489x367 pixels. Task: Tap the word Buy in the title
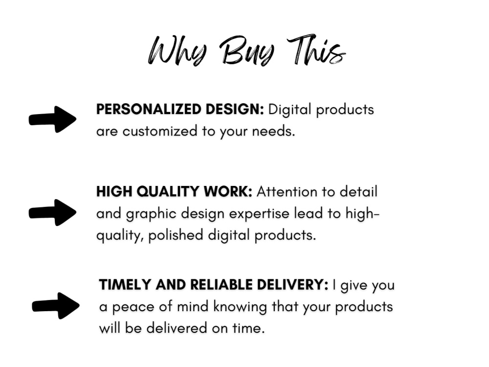pyautogui.click(x=246, y=51)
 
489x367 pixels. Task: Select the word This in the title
pyautogui.click(x=315, y=50)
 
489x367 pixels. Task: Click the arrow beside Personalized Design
pyautogui.click(x=53, y=119)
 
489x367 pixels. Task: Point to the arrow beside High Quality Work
pyautogui.click(x=53, y=212)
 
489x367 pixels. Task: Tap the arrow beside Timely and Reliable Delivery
pyautogui.click(x=56, y=306)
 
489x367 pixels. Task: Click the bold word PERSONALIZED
pyautogui.click(x=139, y=110)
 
